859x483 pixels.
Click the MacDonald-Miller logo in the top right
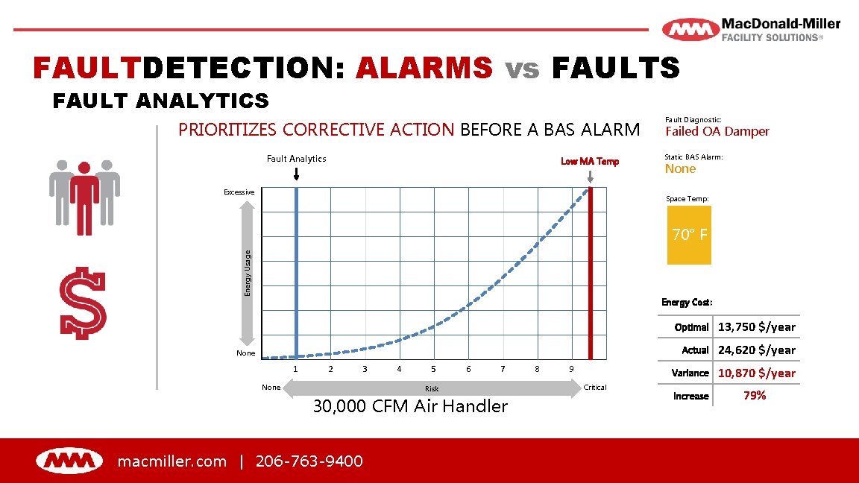(x=751, y=30)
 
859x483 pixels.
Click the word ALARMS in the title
(x=424, y=68)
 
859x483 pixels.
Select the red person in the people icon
(x=84, y=195)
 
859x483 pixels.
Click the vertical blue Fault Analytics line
(x=297, y=272)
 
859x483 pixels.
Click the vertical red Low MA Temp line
(x=591, y=272)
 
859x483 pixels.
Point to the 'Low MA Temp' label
(x=590, y=161)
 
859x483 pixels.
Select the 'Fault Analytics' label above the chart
(x=296, y=158)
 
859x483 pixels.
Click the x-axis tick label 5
(x=433, y=369)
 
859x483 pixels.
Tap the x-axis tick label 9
(x=571, y=369)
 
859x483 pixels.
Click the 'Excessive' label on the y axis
(x=239, y=192)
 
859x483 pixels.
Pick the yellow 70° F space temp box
(x=689, y=236)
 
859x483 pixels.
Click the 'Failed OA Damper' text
(x=717, y=131)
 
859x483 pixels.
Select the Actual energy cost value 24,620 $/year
(x=756, y=350)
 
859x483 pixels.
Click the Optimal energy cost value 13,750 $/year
(x=756, y=326)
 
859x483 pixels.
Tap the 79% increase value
(x=755, y=396)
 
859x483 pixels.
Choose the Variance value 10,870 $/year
(x=756, y=373)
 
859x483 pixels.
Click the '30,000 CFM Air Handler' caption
(x=410, y=406)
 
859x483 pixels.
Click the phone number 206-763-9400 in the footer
(x=309, y=461)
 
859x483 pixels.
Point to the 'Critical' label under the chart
(x=595, y=387)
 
